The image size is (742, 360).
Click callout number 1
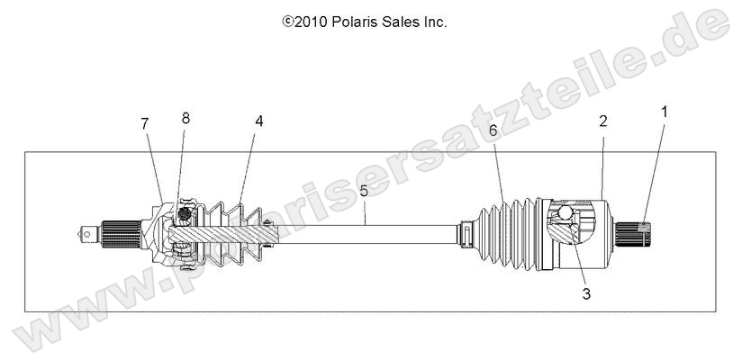coord(665,112)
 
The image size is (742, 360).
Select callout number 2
coord(602,121)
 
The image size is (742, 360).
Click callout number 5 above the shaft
coord(364,191)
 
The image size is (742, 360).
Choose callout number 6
coord(493,131)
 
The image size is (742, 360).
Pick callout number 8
coord(186,119)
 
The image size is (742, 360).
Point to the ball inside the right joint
coord(565,212)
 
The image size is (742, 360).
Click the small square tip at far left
coord(86,232)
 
